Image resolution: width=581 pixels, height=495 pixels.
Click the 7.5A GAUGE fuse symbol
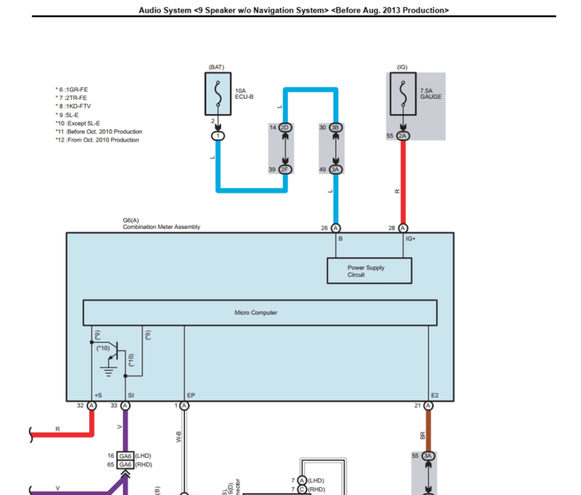[403, 93]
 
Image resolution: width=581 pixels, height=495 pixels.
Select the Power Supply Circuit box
[369, 271]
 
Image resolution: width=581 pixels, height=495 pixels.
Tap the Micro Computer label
[256, 313]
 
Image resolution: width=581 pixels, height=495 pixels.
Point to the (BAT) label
[216, 67]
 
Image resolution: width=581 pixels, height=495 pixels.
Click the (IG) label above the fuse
[402, 67]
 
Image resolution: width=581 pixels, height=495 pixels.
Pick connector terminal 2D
[285, 127]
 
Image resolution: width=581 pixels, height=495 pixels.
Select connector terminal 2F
[285, 170]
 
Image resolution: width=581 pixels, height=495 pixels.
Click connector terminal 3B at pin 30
[335, 127]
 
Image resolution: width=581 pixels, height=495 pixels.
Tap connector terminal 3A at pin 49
[335, 170]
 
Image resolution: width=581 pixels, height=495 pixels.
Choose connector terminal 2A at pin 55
[402, 136]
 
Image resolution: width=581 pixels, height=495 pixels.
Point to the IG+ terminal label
[410, 239]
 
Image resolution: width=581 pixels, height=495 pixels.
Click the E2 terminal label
[435, 395]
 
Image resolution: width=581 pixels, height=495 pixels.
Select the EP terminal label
[191, 395]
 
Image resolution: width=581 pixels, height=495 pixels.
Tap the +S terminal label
[98, 395]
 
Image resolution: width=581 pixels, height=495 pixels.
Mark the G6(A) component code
[131, 220]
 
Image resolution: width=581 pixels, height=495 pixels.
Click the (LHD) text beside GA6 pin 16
[143, 455]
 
